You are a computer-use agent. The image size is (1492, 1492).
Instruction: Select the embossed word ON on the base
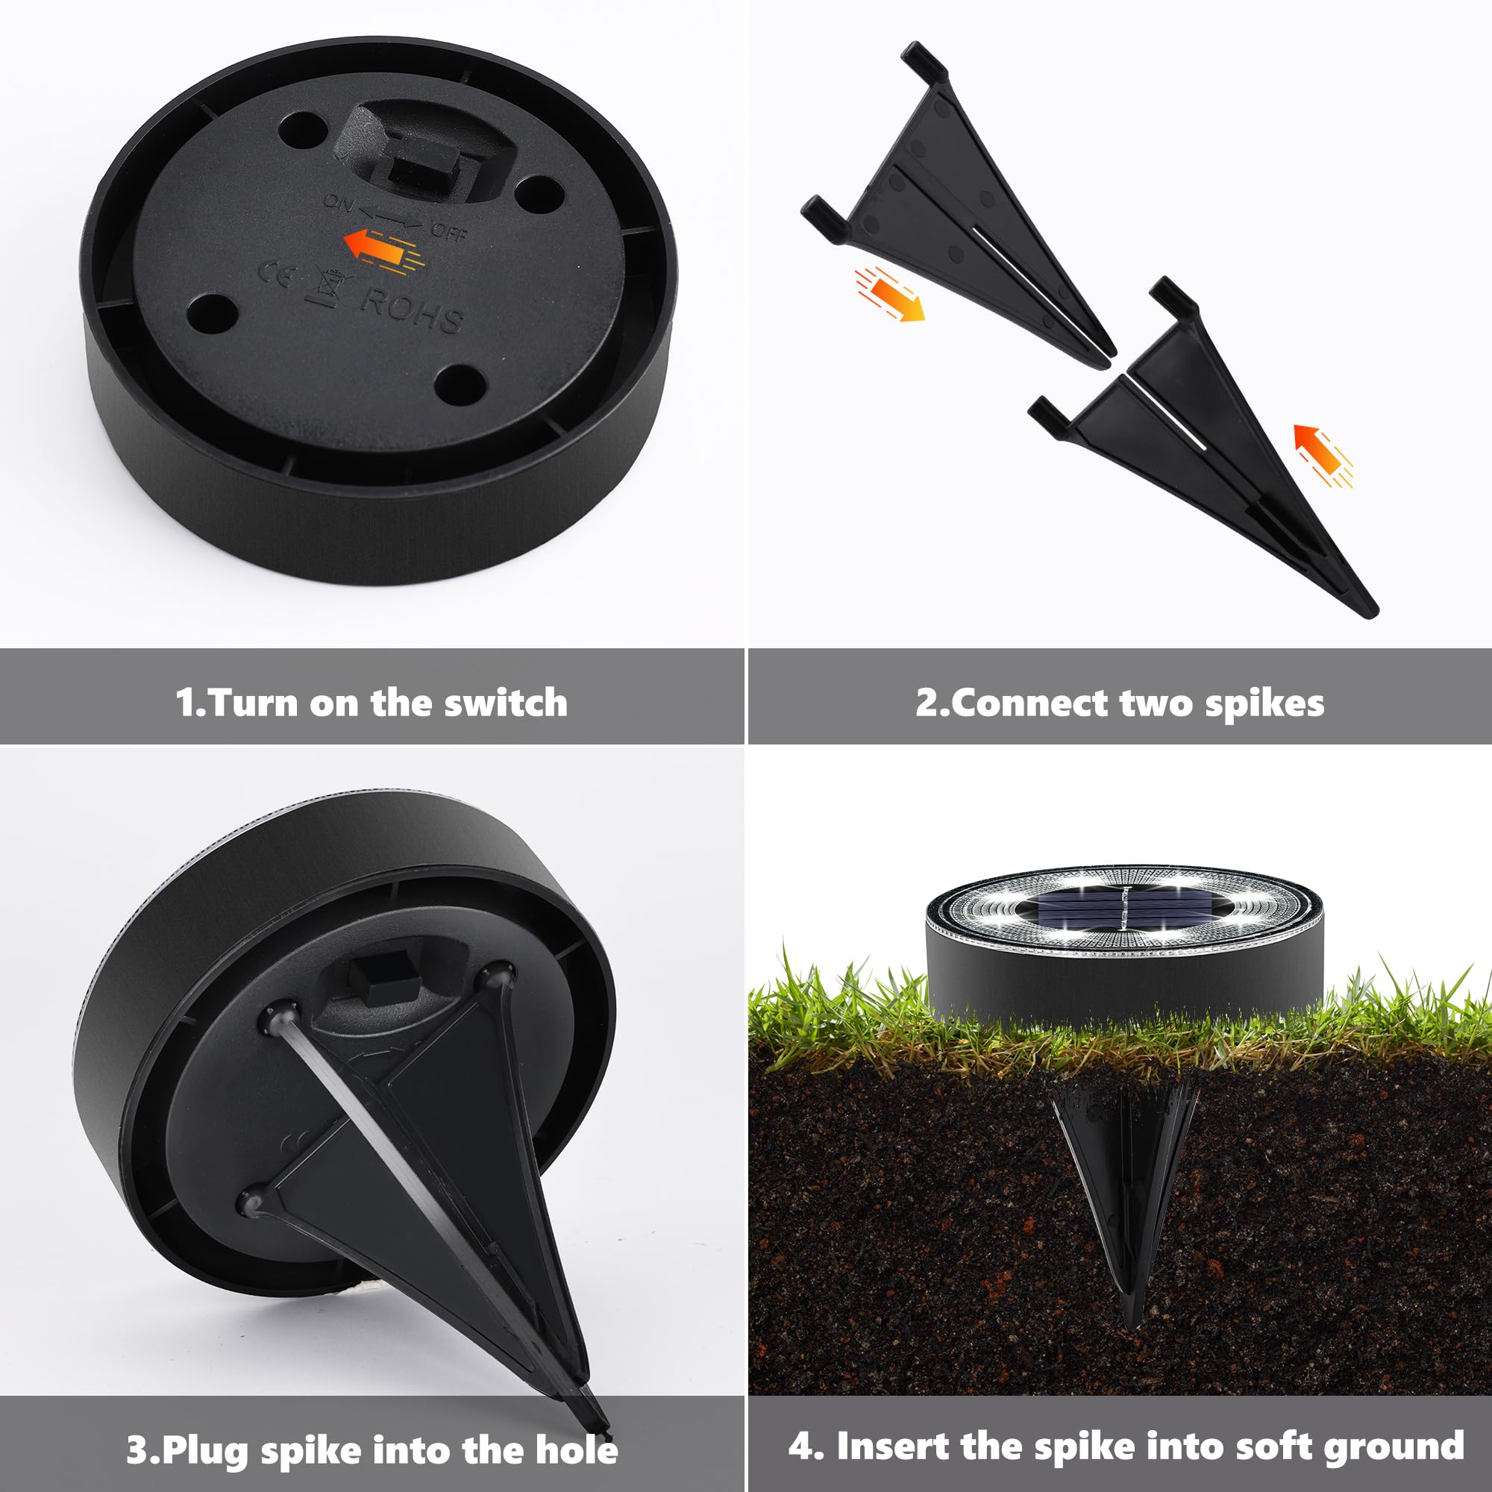tap(338, 202)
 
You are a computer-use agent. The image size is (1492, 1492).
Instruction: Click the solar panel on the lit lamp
tap(1123, 909)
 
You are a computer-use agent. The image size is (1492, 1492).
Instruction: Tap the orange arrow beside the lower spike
tap(1323, 456)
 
